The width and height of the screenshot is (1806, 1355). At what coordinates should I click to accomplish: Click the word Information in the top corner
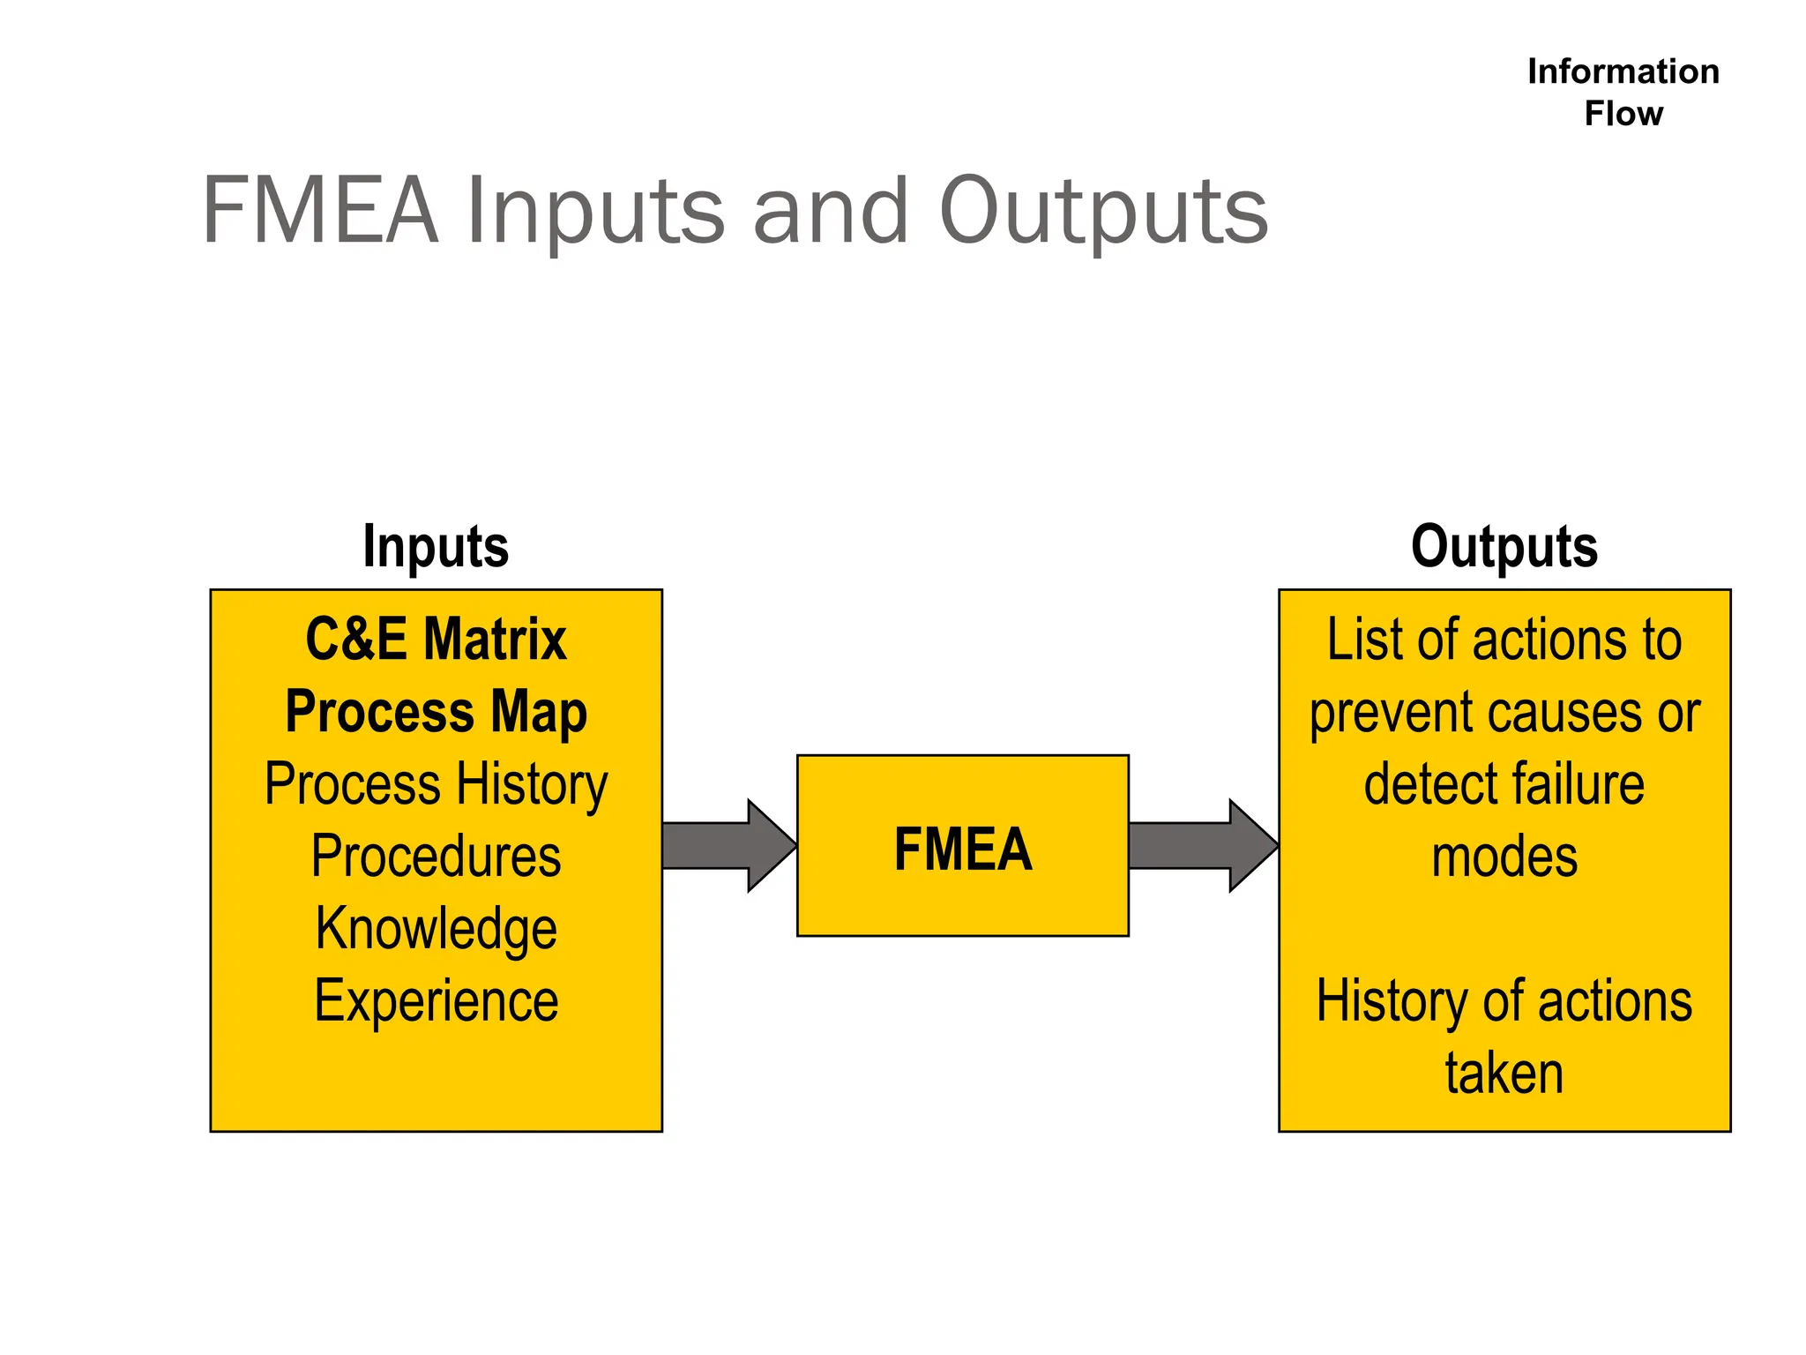[1623, 71]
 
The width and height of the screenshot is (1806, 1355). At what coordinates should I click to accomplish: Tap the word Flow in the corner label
[1623, 114]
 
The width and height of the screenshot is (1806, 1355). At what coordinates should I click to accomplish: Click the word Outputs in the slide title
[1103, 212]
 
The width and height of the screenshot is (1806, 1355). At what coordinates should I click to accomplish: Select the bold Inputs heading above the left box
[436, 546]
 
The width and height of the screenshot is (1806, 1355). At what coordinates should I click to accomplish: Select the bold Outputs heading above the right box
[1504, 546]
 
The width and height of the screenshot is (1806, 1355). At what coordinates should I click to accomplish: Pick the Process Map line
[436, 712]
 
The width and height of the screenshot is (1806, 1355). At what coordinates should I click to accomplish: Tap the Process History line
[436, 784]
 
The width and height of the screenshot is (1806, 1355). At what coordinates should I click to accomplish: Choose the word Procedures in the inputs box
[436, 857]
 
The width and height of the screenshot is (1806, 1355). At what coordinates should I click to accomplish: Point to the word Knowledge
[436, 929]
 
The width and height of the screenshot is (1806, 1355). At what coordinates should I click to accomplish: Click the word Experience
[436, 1001]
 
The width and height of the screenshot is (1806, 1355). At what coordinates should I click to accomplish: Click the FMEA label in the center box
[962, 849]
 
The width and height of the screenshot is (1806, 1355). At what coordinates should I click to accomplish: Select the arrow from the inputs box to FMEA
[728, 845]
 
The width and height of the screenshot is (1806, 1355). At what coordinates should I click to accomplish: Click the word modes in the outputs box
[1504, 857]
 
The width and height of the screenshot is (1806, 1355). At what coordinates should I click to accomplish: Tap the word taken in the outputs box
[1504, 1074]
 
